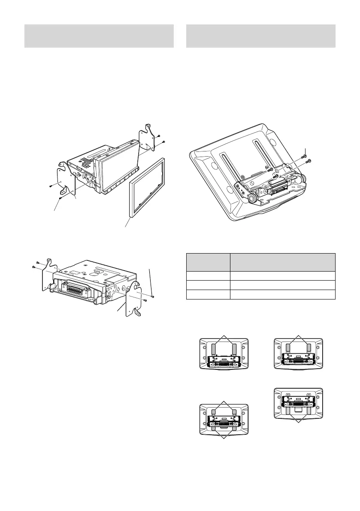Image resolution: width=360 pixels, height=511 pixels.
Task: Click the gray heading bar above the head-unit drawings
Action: tap(99, 36)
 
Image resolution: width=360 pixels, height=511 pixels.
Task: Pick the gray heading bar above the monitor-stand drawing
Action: tap(260, 36)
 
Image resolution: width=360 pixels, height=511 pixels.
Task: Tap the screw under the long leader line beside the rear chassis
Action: tap(153, 296)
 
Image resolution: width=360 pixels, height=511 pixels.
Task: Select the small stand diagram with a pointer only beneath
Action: tap(298, 403)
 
